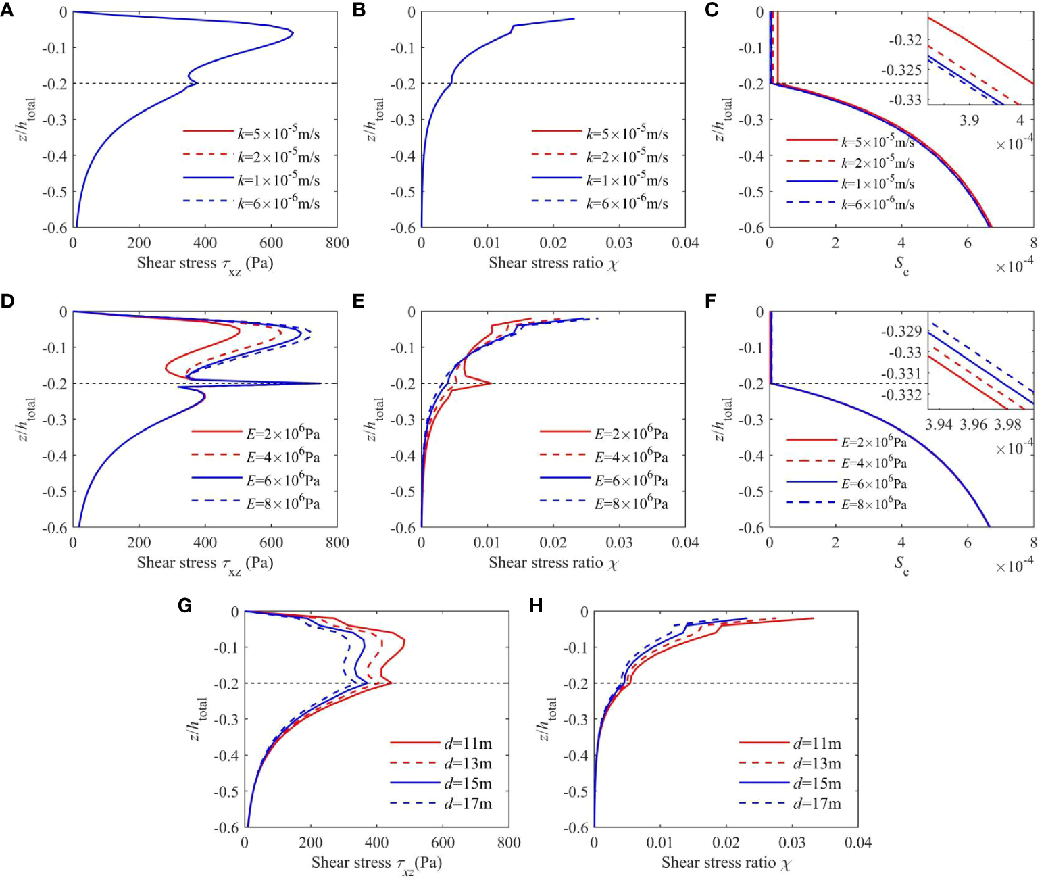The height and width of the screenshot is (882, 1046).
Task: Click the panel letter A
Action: pyautogui.click(x=7, y=10)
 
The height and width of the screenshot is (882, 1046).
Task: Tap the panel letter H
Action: pyautogui.click(x=536, y=605)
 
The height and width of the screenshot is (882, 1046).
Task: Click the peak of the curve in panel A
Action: pyautogui.click(x=292, y=32)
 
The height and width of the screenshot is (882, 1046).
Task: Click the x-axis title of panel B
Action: pyautogui.click(x=553, y=263)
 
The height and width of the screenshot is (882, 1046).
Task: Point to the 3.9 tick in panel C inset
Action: pyautogui.click(x=970, y=120)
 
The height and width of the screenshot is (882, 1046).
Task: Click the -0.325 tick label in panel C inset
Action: pyautogui.click(x=902, y=70)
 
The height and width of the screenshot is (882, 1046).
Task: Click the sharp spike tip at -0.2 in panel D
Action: pyautogui.click(x=320, y=383)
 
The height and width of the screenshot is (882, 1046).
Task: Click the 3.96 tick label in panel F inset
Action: pyautogui.click(x=974, y=424)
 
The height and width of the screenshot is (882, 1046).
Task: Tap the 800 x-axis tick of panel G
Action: pyautogui.click(x=508, y=842)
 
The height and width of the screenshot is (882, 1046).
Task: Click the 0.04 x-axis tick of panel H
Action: pyautogui.click(x=857, y=842)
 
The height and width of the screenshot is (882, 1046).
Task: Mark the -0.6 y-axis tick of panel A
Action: pyautogui.click(x=54, y=228)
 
